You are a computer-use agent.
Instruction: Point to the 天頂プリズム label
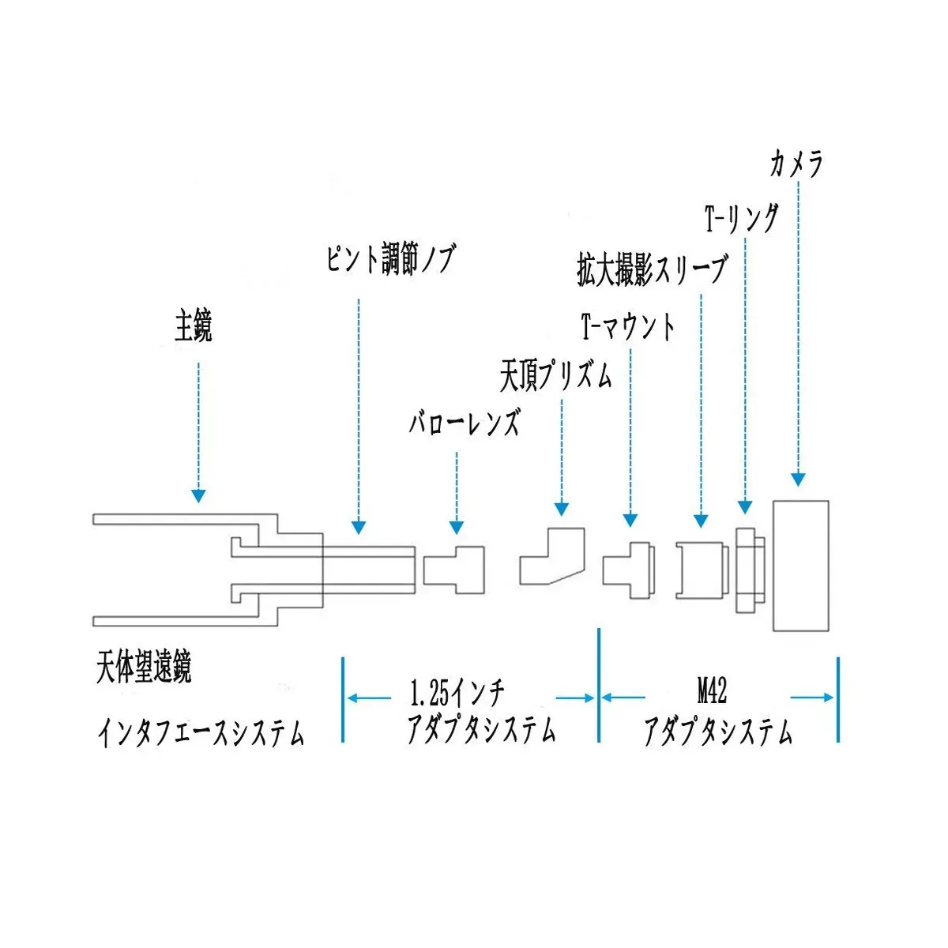[x=556, y=376]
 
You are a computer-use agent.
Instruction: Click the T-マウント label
[x=628, y=326]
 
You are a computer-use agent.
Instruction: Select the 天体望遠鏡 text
[x=144, y=667]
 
